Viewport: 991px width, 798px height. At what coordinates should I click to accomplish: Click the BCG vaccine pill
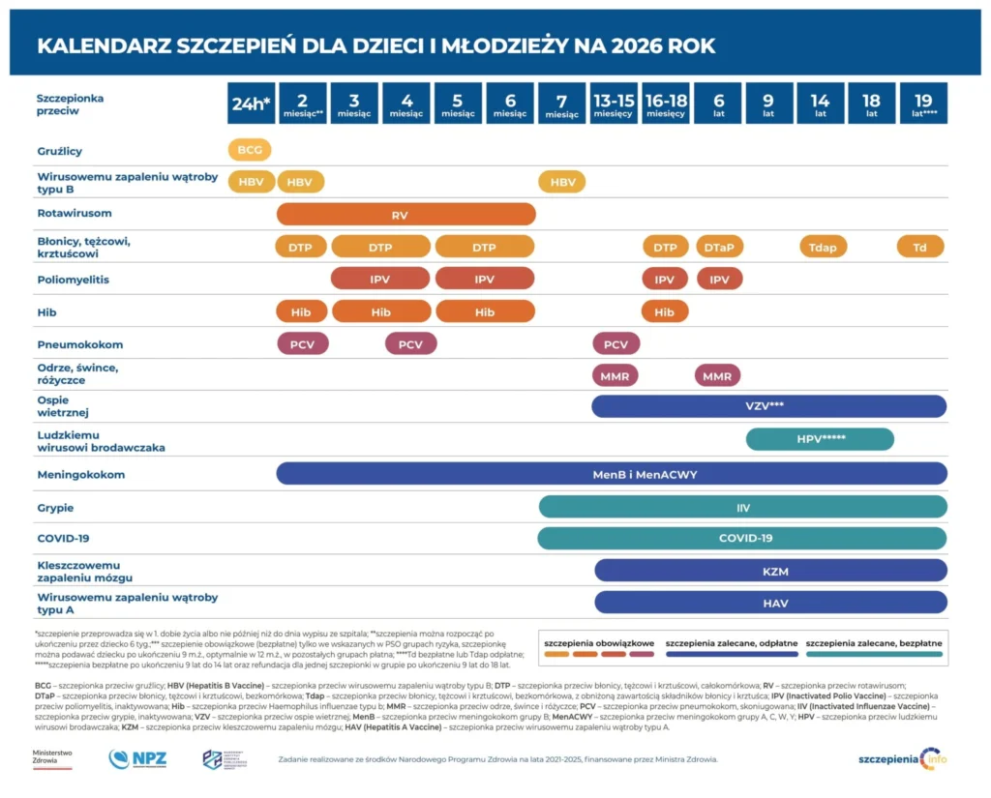(x=250, y=150)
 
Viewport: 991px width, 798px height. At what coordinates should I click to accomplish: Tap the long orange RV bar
(x=405, y=214)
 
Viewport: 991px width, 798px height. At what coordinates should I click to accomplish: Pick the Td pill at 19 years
(x=920, y=247)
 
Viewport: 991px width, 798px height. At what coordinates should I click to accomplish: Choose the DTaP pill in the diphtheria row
(x=719, y=247)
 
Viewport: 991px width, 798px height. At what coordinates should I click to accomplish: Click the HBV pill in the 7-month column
(x=561, y=182)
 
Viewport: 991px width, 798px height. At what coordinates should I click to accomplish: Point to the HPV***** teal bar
(x=820, y=439)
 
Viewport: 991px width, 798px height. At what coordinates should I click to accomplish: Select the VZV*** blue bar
(x=769, y=406)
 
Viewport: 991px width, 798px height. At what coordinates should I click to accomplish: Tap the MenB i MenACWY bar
(x=612, y=474)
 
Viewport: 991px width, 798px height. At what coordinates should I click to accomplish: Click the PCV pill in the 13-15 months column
(x=616, y=343)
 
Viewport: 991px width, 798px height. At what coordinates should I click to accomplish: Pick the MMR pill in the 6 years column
(x=717, y=375)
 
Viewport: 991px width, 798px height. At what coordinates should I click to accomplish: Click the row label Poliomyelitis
(x=73, y=280)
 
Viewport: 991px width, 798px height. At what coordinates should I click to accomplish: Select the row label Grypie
(x=55, y=507)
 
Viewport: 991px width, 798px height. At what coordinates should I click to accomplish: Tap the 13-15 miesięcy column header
(x=614, y=103)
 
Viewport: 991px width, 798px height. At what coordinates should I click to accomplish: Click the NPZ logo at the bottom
(x=137, y=758)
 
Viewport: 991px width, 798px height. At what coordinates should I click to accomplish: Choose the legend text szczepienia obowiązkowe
(x=599, y=642)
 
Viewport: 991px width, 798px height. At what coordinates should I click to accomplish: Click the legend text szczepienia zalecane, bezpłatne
(x=873, y=642)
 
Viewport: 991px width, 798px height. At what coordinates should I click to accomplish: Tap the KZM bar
(x=770, y=571)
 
